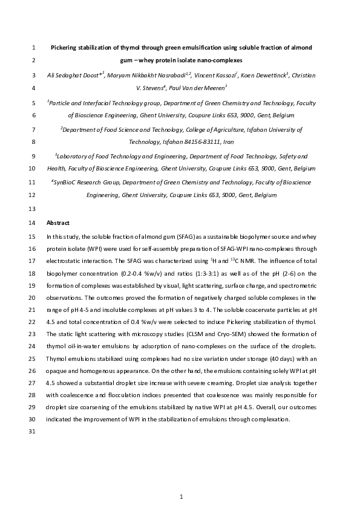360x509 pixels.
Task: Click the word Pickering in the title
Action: pos(64,47)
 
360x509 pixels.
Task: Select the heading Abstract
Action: pos(58,223)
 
